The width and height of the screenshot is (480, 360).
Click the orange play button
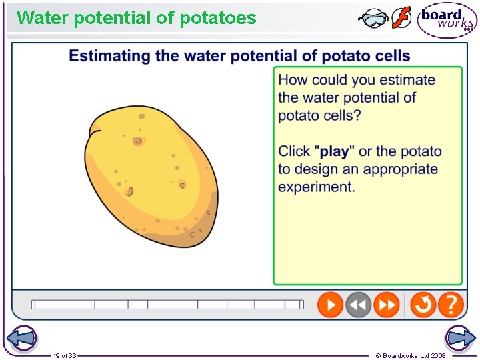pos(330,305)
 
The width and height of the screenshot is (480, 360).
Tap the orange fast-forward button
pos(386,305)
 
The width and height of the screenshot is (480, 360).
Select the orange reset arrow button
pos(423,305)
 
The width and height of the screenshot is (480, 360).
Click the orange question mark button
pos(451,305)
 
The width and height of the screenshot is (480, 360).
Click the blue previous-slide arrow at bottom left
pos(21,338)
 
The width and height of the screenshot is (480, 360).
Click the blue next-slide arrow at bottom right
pos(460,338)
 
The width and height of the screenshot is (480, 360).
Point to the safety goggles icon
pos(373,18)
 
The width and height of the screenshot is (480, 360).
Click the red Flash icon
pos(401,17)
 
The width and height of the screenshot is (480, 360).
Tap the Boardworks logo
pos(447,21)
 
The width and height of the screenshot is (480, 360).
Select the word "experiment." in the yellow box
pos(317,187)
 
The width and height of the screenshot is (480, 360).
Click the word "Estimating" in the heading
pos(109,55)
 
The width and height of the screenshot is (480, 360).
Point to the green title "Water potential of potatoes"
pos(137,18)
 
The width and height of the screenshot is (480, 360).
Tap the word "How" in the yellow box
pos(293,80)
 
